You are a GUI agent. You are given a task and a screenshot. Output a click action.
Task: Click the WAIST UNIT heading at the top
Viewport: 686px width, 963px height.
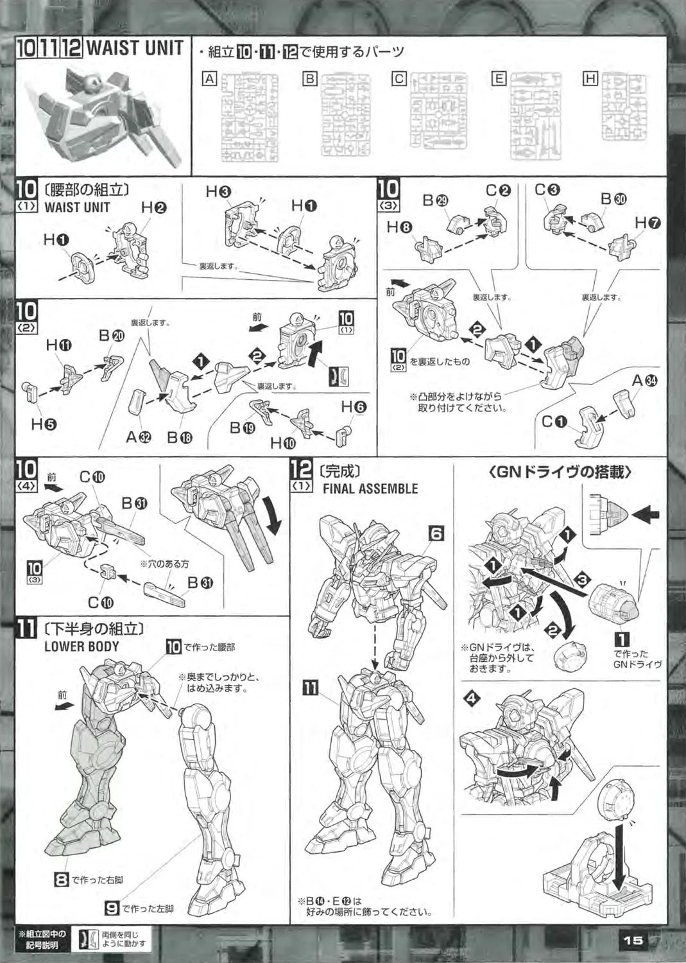135,48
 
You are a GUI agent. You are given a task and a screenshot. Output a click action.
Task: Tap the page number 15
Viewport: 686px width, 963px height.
633,939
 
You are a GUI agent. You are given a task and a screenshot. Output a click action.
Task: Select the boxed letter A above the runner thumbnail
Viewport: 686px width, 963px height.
209,79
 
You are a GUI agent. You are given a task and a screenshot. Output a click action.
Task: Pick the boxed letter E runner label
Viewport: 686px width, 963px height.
499,79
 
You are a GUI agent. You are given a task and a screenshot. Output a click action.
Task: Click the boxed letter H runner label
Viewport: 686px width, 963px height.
590,79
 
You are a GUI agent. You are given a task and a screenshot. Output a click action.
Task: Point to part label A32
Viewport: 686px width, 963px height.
139,437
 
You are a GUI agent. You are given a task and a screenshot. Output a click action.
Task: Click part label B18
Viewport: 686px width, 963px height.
180,437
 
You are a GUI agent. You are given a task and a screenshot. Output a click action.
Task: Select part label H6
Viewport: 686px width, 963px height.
354,406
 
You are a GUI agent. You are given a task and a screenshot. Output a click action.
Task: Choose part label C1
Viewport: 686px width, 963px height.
554,422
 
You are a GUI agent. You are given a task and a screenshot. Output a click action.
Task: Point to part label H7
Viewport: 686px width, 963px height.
647,222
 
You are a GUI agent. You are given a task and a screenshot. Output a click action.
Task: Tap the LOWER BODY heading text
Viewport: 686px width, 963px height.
81,646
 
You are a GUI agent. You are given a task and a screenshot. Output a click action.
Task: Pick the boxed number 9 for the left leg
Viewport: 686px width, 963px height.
112,908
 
